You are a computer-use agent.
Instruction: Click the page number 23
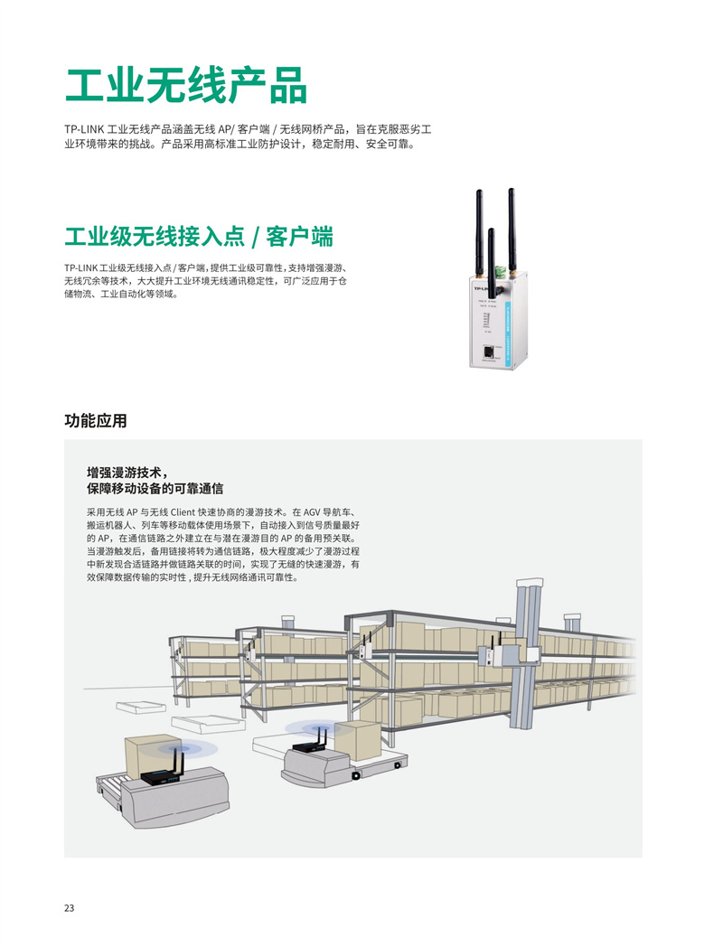[x=69, y=908]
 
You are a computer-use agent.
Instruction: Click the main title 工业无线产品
[x=187, y=86]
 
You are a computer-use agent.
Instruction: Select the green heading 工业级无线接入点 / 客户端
[x=199, y=236]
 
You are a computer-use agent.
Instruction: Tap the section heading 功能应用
[x=96, y=420]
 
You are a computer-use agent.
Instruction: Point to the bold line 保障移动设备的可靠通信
[x=155, y=488]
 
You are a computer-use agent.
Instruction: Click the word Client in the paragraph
[x=183, y=512]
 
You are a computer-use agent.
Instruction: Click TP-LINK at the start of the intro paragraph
[x=84, y=129]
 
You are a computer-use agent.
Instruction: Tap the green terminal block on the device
[x=500, y=271]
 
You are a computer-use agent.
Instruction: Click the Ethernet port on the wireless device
[x=487, y=352]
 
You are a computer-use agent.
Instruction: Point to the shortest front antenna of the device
[x=491, y=253]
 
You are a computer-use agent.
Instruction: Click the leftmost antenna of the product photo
[x=479, y=234]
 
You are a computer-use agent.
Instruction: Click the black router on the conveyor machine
[x=161, y=776]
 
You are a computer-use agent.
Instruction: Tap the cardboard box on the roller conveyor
[x=150, y=755]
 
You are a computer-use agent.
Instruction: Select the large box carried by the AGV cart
[x=359, y=740]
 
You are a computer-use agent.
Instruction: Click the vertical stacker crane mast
[x=523, y=655]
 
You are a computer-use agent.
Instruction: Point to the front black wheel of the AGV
[x=356, y=775]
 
